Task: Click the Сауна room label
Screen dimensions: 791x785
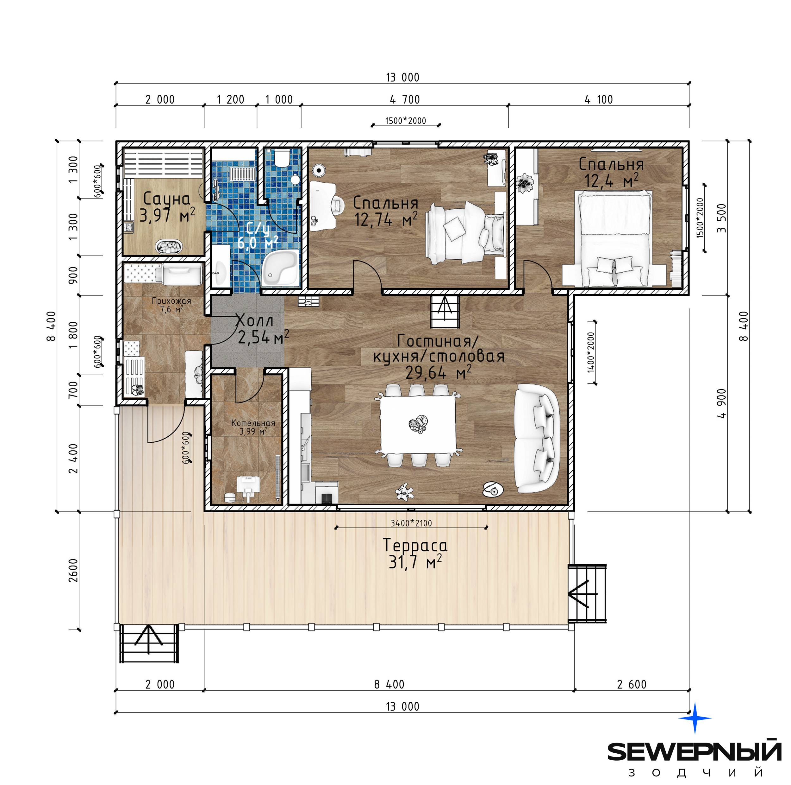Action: (167, 199)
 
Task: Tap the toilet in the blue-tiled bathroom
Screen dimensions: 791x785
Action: (282, 158)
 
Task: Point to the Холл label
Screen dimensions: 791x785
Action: (255, 320)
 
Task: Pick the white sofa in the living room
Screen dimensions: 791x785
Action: (537, 438)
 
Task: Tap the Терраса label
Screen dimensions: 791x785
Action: (415, 545)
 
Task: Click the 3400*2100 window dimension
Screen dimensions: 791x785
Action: (411, 523)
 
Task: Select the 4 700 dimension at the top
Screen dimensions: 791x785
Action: (405, 99)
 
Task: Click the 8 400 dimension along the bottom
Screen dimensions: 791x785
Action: (389, 685)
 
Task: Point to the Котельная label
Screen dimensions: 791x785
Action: (253, 423)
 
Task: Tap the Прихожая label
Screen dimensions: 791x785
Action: (171, 301)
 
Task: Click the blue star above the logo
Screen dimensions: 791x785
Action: (695, 718)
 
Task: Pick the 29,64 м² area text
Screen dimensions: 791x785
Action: (438, 372)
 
